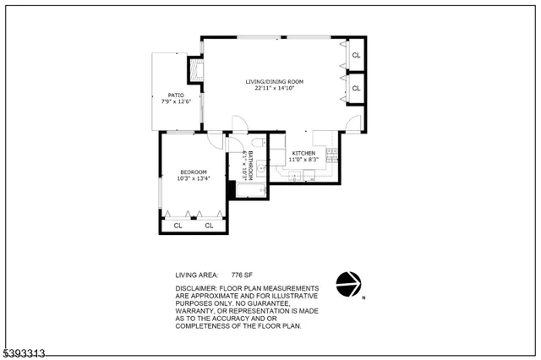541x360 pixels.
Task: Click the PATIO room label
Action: point(176,95)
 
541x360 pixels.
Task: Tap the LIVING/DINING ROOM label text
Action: point(275,81)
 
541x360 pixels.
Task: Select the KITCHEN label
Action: point(303,153)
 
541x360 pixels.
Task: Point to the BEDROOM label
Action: point(194,172)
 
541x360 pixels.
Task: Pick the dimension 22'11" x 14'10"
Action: point(275,88)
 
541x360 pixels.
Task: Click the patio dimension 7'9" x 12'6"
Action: point(176,102)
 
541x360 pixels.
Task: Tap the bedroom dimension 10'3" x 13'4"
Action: point(194,178)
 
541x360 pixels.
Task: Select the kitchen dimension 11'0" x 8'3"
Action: point(303,160)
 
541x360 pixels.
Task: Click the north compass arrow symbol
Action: point(348,284)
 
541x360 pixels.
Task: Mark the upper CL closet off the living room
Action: point(356,56)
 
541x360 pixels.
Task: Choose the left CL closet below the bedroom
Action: point(178,226)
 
